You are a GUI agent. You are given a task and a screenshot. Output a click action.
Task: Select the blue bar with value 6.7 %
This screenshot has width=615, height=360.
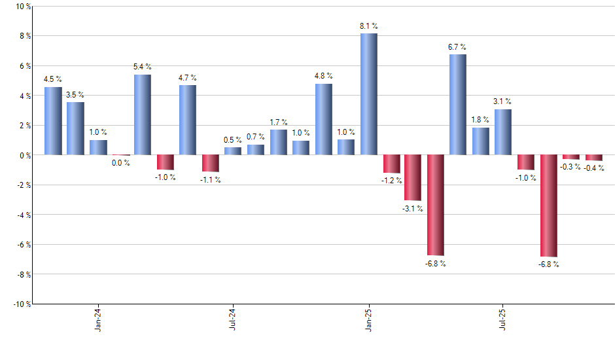point(458,105)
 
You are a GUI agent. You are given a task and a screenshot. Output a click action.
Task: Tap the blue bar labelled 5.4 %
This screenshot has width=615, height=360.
point(143,115)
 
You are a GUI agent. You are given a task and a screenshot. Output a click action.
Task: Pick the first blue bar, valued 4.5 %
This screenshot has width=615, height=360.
point(53,121)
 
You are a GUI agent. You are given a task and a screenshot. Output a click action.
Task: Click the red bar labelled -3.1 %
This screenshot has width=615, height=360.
point(413,177)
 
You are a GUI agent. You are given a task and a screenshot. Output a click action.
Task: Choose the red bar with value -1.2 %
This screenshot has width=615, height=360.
point(391,164)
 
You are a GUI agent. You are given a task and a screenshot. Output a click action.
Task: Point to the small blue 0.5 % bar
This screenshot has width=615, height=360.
point(233,151)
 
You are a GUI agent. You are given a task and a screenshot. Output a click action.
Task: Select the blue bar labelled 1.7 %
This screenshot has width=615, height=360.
point(278,142)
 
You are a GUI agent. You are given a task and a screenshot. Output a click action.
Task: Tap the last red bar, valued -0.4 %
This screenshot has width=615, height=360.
point(593,158)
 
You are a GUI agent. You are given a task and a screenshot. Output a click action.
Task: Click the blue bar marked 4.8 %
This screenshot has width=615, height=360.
point(323,119)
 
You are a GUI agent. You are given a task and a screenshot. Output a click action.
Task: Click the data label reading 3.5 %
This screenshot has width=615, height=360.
point(75,95)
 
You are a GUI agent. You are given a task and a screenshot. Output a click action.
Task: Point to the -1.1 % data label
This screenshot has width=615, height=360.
point(211,180)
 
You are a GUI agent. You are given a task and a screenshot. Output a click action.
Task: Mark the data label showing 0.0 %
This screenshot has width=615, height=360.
point(120,163)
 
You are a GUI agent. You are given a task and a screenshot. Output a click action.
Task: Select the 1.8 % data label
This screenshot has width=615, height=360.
point(481,120)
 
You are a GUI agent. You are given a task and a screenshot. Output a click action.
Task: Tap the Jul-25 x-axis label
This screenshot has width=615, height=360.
point(503,320)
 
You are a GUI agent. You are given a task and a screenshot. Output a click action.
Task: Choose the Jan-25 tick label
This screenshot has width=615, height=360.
point(368,320)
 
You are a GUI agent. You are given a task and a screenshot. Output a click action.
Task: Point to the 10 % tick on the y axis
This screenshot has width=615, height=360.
point(22,7)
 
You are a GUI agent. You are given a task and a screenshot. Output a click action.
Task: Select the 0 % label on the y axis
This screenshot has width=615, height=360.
point(24,155)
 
